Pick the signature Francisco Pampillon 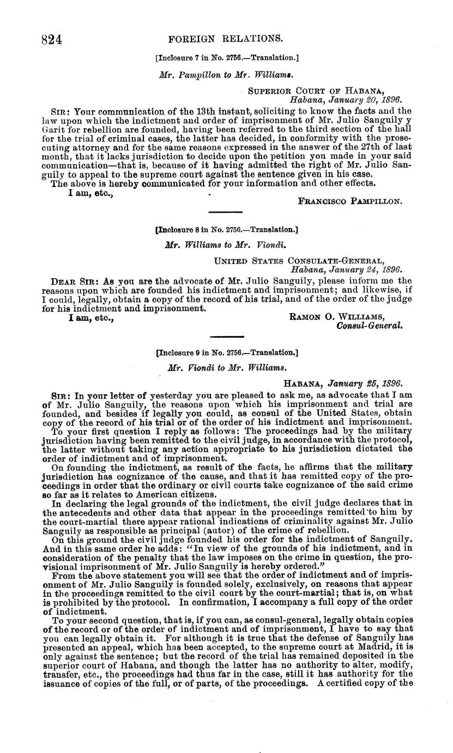click(351, 186)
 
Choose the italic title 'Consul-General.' click(370, 326)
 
